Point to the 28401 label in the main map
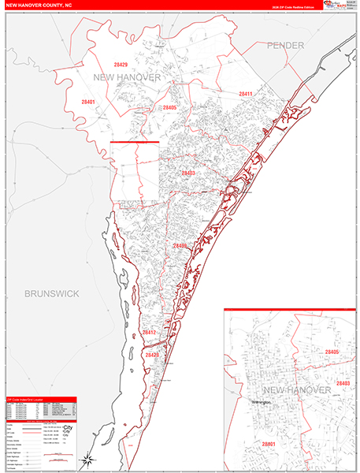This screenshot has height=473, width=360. [87, 102]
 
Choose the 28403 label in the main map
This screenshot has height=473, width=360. [189, 173]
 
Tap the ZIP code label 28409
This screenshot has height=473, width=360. [181, 247]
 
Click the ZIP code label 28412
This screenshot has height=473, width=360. [150, 333]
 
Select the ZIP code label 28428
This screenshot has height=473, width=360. [152, 356]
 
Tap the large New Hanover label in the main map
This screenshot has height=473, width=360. [127, 78]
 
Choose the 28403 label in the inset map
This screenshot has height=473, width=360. [341, 383]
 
